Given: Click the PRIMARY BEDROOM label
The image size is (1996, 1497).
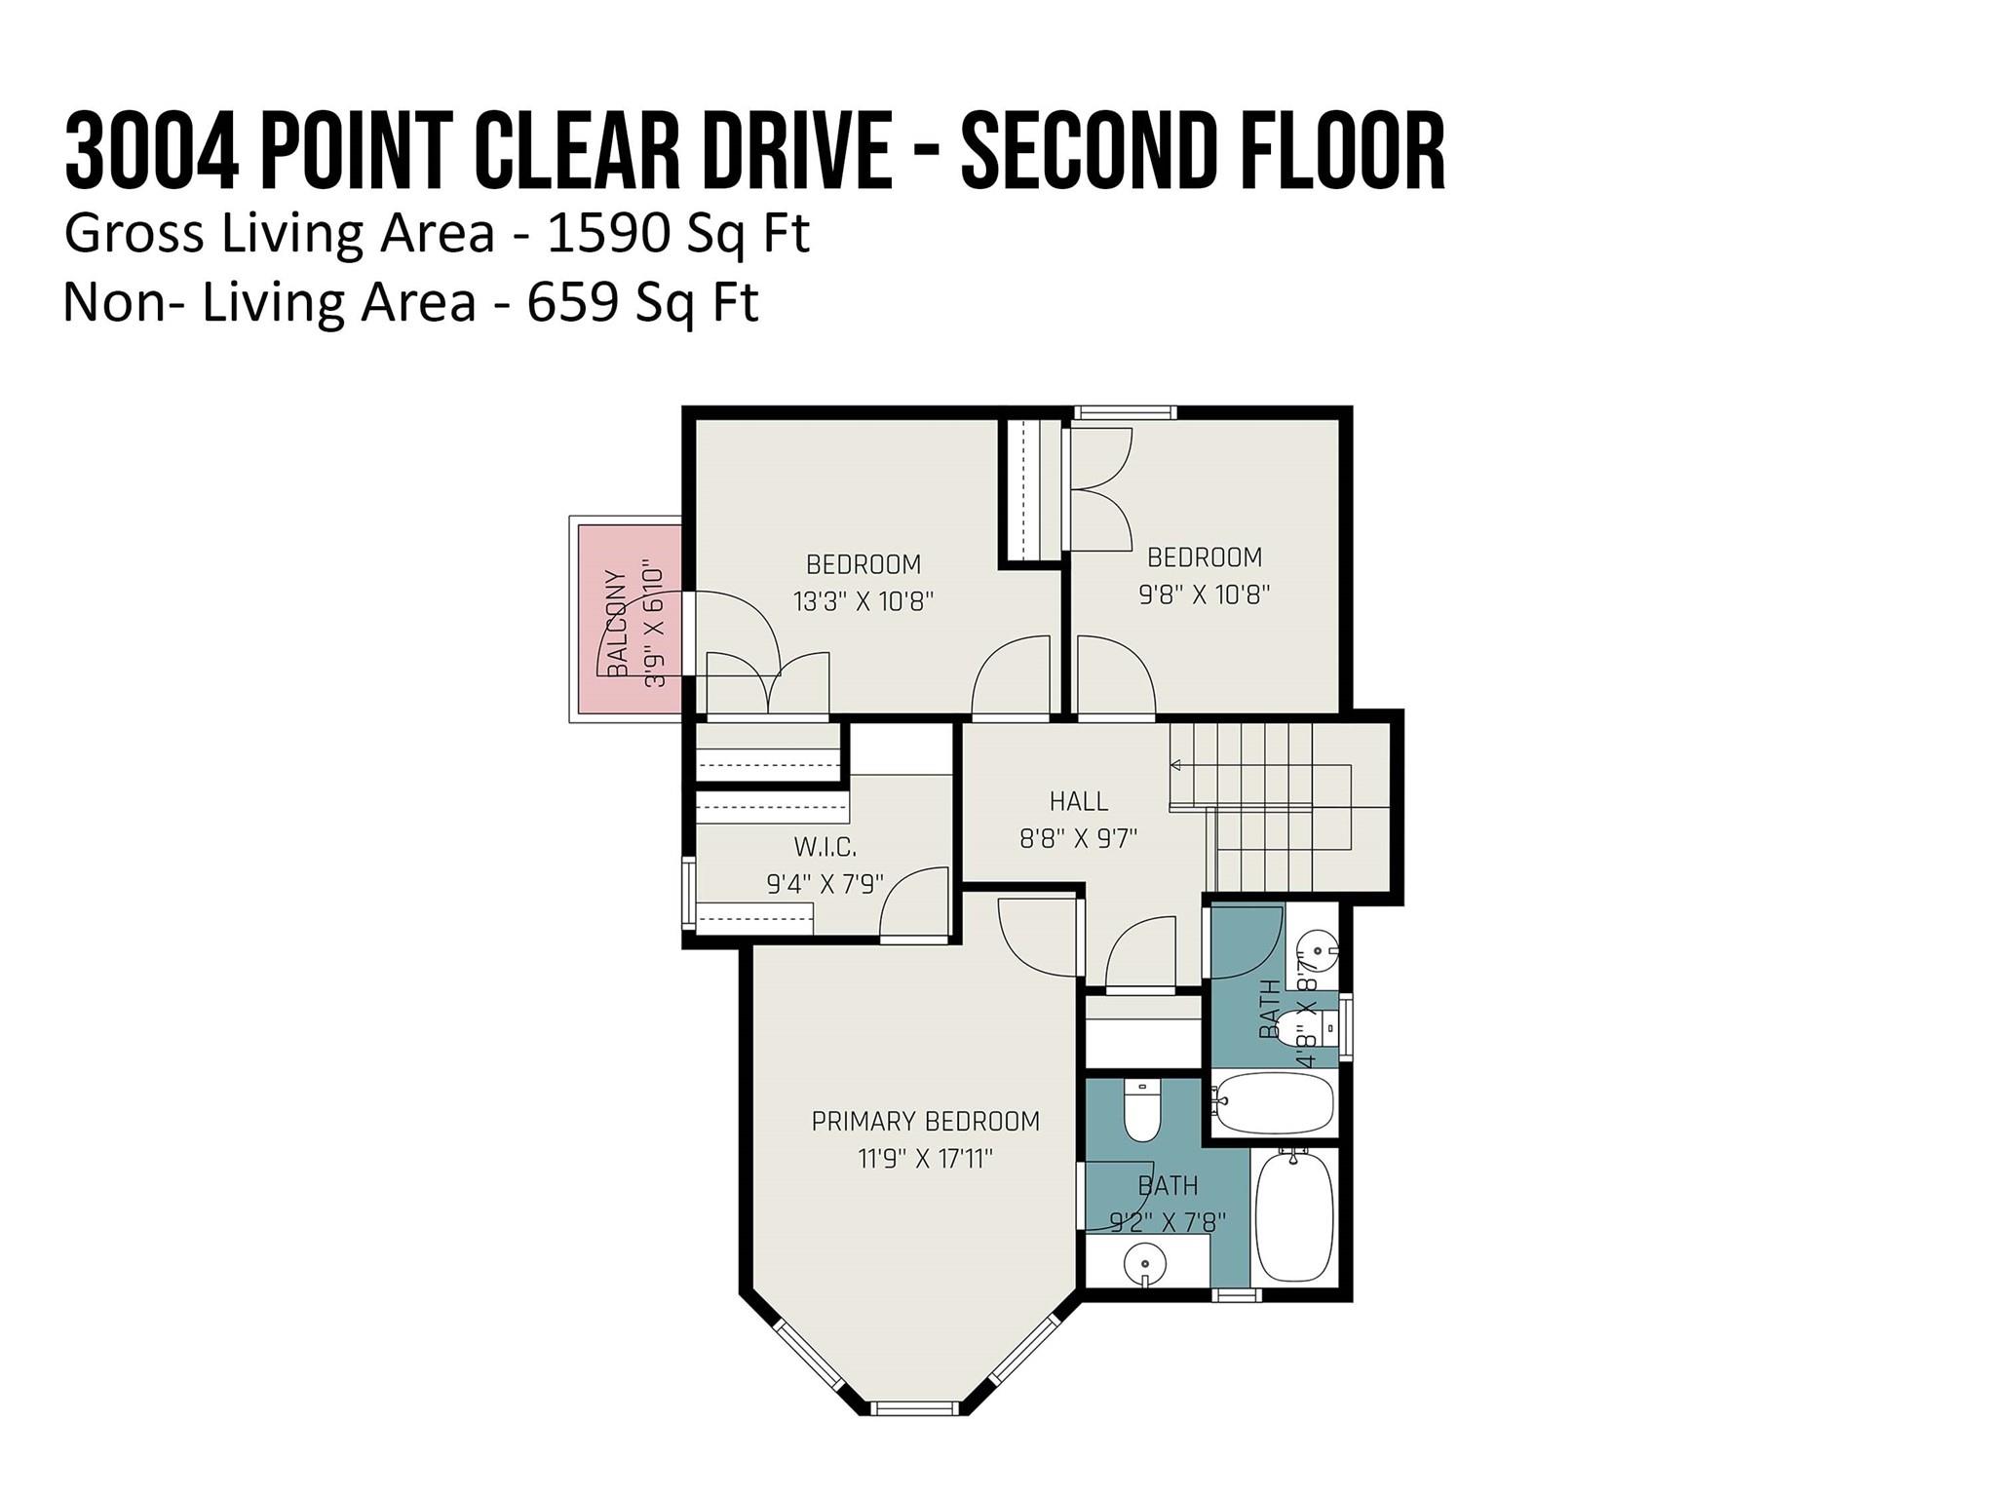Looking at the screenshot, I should click(925, 1121).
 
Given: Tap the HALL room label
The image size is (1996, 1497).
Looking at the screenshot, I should click(1078, 801).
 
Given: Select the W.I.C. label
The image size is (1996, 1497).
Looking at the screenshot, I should click(825, 846).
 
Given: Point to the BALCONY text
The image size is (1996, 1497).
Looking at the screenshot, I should click(617, 624).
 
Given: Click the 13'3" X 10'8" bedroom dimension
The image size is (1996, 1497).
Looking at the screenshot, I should click(864, 601).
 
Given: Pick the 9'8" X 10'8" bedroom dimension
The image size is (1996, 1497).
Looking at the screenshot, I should click(1204, 595).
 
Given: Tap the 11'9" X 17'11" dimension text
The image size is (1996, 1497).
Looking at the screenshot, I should click(925, 1159).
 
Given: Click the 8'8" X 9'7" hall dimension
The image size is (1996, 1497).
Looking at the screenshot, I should click(1078, 838).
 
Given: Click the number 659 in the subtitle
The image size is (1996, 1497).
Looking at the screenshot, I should click(572, 302).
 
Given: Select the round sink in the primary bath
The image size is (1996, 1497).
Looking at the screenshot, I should click(1144, 1265).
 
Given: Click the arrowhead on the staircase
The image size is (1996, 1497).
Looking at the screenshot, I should click(1176, 765).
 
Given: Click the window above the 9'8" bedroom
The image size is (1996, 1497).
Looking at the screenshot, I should click(1125, 413).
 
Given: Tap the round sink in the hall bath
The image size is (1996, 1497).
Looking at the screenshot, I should click(1318, 947).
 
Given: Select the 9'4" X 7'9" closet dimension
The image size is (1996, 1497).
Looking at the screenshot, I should click(825, 884).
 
